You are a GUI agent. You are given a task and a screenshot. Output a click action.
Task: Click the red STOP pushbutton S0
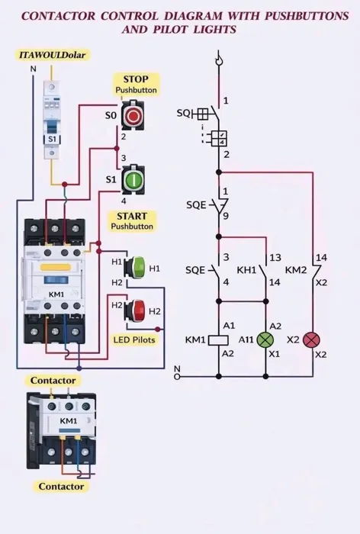click(133, 115)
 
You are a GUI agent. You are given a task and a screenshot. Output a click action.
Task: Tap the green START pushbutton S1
click(133, 179)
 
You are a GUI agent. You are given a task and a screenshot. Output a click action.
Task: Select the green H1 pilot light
click(135, 268)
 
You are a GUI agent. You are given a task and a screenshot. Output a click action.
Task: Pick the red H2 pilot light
click(135, 310)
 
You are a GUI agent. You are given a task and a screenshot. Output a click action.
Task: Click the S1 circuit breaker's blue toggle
click(52, 127)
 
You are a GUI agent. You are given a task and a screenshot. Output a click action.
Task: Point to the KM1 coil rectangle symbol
click(218, 340)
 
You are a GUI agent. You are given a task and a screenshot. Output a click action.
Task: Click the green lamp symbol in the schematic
click(265, 340)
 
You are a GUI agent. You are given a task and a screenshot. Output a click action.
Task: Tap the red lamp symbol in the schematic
click(312, 340)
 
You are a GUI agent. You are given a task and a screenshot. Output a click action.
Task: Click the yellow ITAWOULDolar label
click(53, 55)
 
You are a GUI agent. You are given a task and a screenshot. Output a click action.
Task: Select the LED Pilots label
click(134, 339)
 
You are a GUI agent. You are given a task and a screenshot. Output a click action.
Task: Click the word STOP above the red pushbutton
click(136, 79)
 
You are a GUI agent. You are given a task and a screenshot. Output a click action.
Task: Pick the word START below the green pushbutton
click(132, 216)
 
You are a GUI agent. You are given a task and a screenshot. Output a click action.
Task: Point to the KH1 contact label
click(246, 270)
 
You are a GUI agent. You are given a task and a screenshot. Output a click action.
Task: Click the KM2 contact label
click(296, 270)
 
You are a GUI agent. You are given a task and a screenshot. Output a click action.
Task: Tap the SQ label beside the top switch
click(184, 113)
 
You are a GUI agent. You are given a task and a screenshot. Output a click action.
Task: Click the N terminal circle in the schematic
click(177, 377)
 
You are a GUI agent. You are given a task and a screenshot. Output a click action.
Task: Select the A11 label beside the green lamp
click(246, 339)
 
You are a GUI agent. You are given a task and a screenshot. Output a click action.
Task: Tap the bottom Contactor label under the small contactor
click(61, 486)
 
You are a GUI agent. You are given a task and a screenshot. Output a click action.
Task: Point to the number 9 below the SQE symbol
click(226, 216)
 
